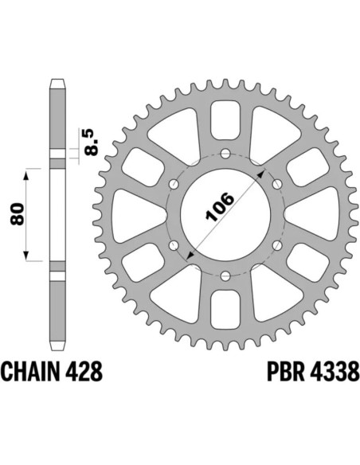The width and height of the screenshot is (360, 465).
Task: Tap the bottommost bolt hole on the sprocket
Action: click(225, 275)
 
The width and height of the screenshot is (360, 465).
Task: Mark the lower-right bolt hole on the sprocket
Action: click(278, 244)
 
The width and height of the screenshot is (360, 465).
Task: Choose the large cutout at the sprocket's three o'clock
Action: click(312, 214)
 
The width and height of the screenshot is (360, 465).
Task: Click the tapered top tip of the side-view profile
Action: click(57, 81)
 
